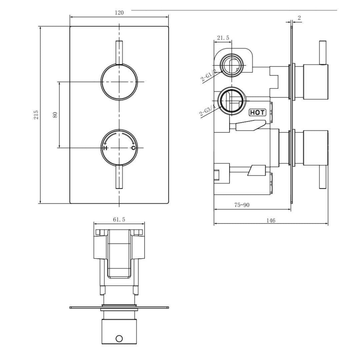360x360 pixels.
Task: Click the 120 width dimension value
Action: [119, 13]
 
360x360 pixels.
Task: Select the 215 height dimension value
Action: [36, 115]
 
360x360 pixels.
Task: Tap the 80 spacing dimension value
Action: [55, 115]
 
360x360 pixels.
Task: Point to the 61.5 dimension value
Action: [119, 219]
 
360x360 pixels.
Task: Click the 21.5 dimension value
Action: [223, 38]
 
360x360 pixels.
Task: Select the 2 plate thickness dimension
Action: [299, 18]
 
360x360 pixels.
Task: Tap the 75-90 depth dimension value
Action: [242, 205]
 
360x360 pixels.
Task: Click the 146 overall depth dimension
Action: [271, 220]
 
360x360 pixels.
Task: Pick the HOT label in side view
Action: [258, 112]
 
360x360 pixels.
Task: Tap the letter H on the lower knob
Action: [105, 148]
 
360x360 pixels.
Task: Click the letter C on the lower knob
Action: [133, 148]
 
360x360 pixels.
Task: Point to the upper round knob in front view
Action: [119, 81]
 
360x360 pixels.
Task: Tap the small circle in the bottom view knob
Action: [119, 339]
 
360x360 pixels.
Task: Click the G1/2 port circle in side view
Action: [231, 65]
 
